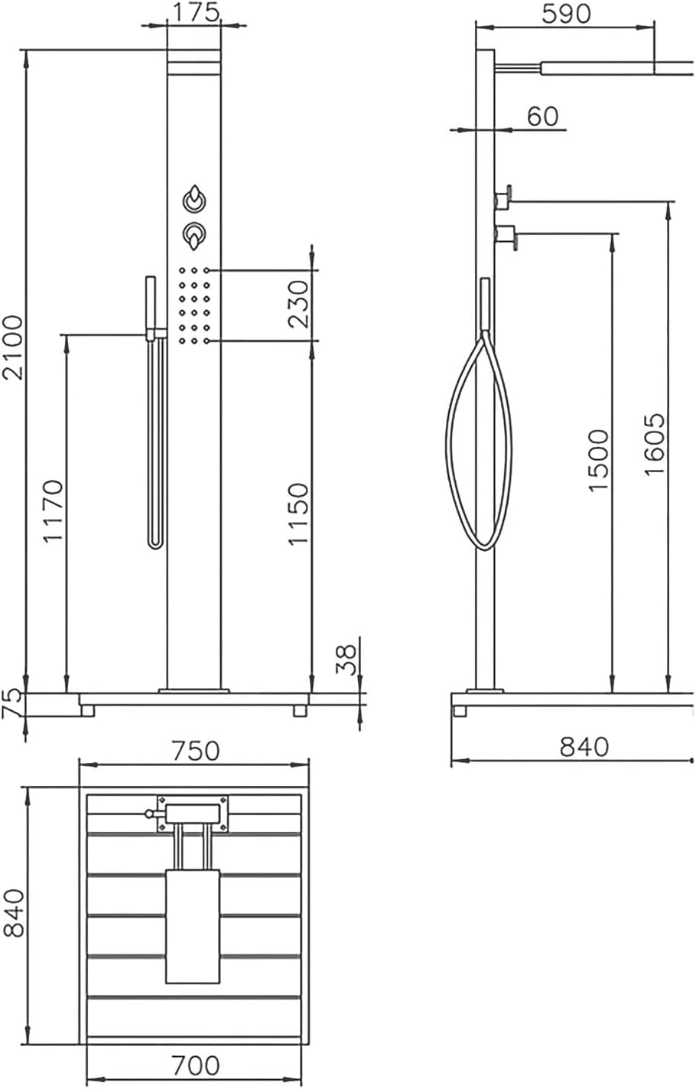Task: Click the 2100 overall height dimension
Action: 13,347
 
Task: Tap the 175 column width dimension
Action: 196,12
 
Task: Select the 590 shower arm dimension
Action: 566,14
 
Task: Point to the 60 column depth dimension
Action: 542,116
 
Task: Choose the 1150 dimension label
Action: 298,514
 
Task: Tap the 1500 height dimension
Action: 598,461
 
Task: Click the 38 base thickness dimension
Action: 346,660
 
